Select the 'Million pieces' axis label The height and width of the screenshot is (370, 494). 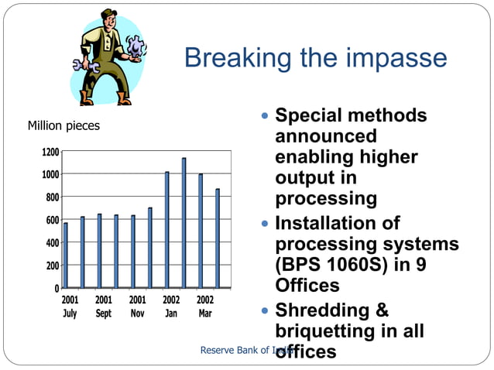pos(63,125)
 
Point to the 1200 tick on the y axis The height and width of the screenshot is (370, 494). pos(50,152)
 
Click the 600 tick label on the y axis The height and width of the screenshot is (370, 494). pos(51,221)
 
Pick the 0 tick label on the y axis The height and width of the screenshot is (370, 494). pos(57,289)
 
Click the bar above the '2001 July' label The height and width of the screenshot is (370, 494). pos(66,255)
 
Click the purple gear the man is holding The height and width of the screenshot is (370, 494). pos(136,47)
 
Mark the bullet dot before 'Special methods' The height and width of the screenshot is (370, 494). pos(265,116)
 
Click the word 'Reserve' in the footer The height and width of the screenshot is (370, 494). pos(220,351)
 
